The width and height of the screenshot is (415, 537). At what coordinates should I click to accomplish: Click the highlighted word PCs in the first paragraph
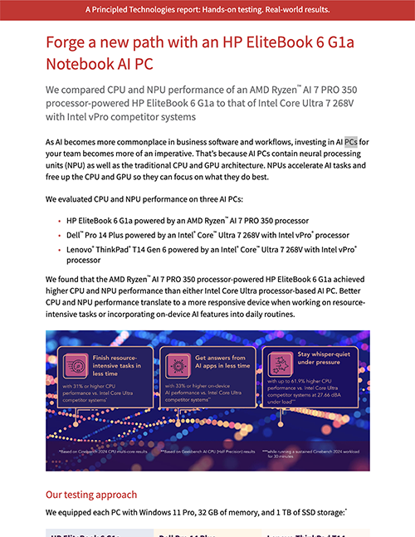351,142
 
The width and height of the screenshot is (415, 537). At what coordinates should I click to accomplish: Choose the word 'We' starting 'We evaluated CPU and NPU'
51,200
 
